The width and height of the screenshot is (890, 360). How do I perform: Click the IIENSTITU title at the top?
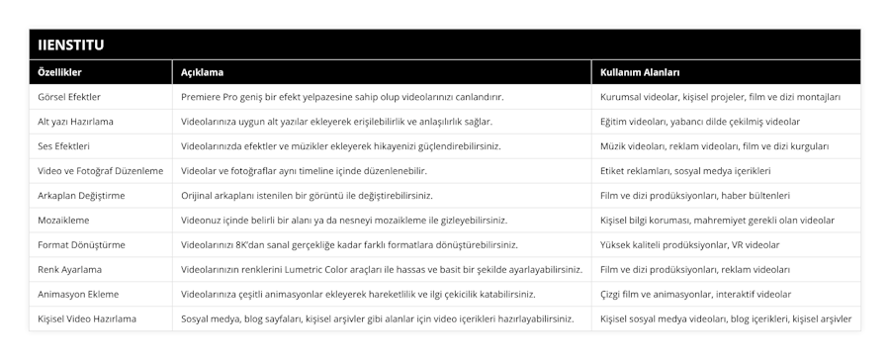point(72,45)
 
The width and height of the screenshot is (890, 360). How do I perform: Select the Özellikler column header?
point(59,73)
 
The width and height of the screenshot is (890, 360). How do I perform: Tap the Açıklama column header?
point(202,73)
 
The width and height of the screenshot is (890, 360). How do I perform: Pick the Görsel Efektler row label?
point(69,97)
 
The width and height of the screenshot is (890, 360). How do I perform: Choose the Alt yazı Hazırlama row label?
point(75,122)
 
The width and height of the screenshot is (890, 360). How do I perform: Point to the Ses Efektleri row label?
point(64,146)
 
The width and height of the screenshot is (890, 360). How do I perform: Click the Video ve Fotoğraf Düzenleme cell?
point(100,171)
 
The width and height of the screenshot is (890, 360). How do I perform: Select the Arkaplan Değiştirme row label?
point(81,196)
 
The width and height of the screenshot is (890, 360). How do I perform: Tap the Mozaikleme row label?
point(65,221)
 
